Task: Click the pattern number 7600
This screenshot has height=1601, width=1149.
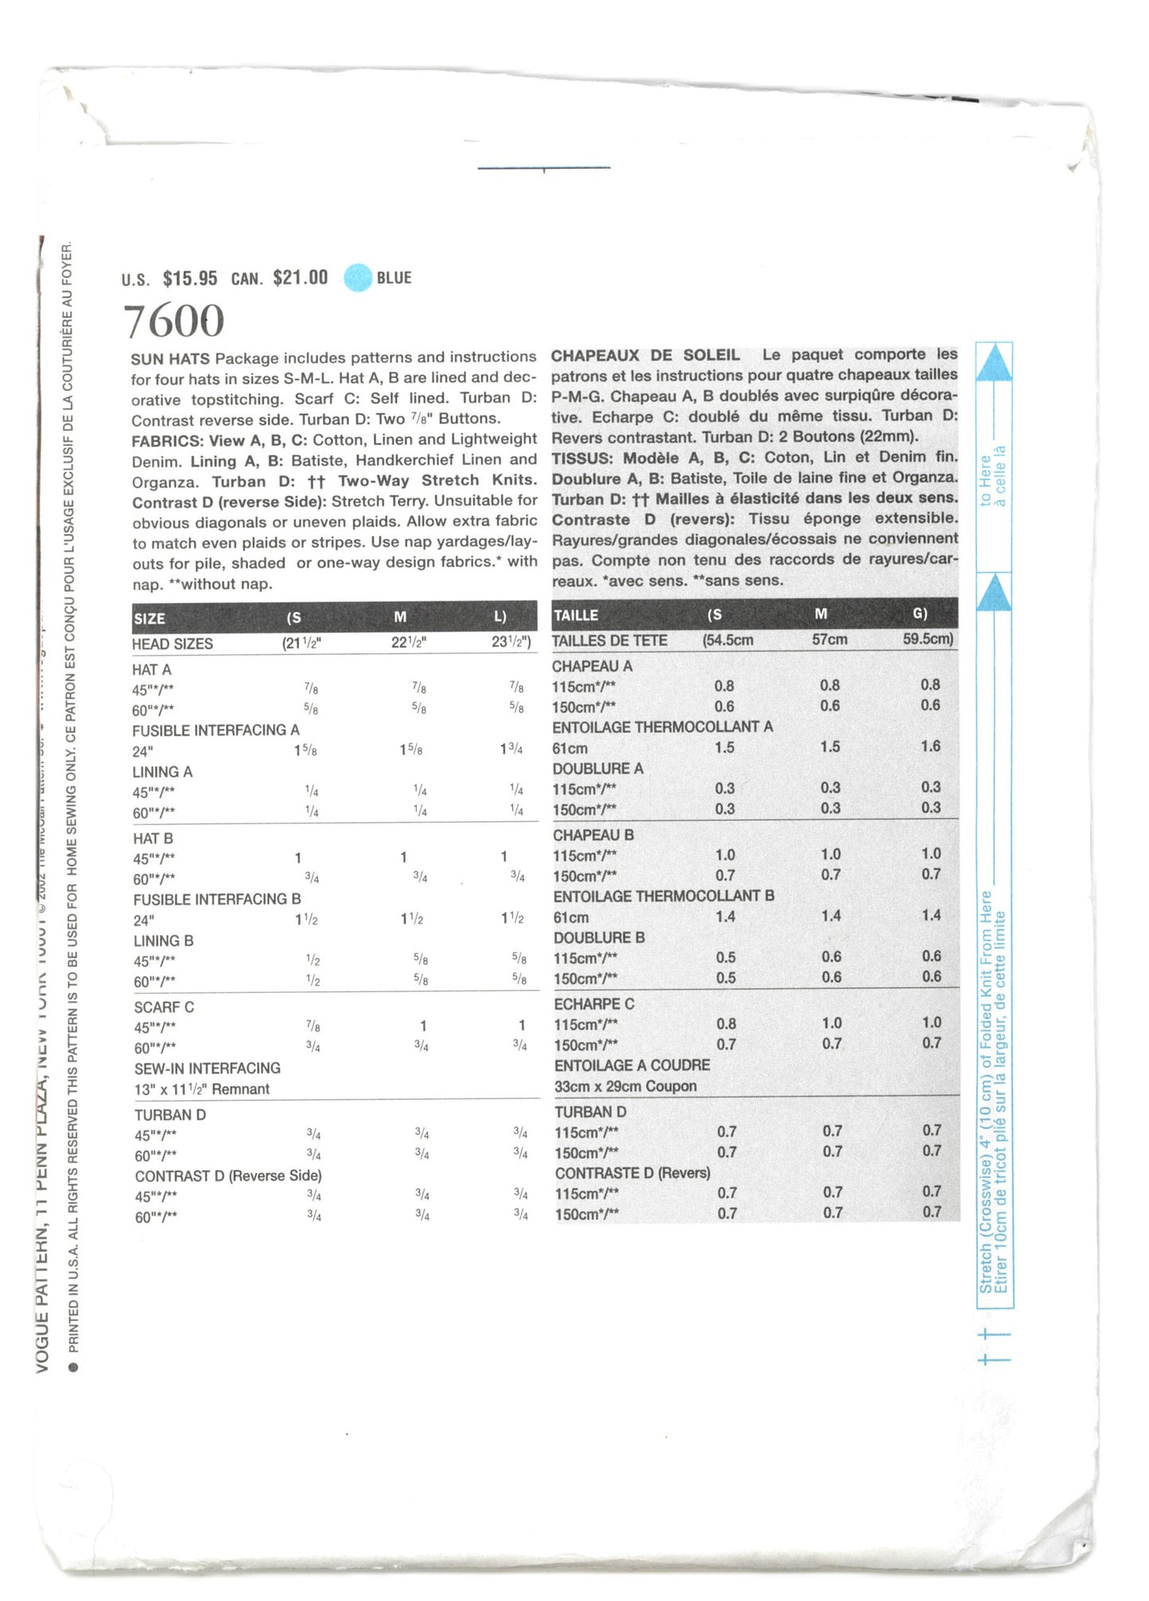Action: [x=174, y=321]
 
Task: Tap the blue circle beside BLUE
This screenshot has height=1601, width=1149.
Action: [x=358, y=277]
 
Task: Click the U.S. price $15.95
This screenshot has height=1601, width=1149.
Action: [x=190, y=278]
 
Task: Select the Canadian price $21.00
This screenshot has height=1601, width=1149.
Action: [x=300, y=277]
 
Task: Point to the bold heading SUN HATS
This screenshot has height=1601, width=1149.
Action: [x=170, y=359]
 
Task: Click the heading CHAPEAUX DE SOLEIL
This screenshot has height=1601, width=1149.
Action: [x=645, y=355]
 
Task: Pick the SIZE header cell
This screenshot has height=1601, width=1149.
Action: [x=149, y=618]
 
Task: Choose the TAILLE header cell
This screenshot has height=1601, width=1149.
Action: [x=576, y=615]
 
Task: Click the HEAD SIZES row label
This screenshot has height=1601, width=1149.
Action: [x=173, y=644]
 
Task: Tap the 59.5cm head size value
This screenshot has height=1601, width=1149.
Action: [x=928, y=638]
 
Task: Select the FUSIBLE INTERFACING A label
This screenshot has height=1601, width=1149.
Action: [x=215, y=731]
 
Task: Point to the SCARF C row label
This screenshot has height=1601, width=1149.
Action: [x=164, y=1007]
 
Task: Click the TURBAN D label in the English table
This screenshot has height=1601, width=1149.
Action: [x=170, y=1115]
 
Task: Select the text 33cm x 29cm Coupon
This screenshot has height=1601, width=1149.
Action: [x=625, y=1086]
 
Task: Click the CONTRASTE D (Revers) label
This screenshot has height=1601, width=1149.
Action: [x=632, y=1173]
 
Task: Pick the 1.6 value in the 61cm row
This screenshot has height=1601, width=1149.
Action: [x=930, y=746]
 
